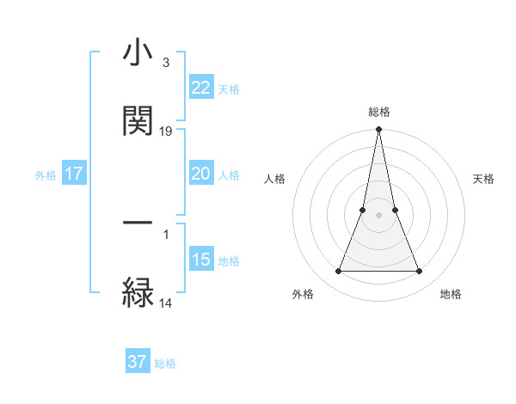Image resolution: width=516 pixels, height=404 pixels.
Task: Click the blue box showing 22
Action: pos(201,88)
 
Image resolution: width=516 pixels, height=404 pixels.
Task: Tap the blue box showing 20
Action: pos(201,174)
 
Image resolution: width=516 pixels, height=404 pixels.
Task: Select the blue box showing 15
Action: pos(201,260)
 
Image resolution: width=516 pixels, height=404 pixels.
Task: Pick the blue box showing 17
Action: pos(74,174)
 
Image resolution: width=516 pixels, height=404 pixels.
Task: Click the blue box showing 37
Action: pos(138,362)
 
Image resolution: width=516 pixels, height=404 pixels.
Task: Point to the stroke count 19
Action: pos(166,132)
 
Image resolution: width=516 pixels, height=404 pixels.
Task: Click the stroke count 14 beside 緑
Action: pos(166,303)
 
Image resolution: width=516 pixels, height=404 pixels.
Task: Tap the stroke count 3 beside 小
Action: pos(165,62)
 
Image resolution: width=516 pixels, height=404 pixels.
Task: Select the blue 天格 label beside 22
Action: pos(229,89)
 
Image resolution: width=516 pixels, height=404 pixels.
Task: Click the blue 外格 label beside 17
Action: pos(46,174)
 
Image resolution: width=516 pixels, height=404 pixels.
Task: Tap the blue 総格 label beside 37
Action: pos(165,363)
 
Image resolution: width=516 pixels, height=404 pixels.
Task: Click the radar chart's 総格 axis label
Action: pos(378,113)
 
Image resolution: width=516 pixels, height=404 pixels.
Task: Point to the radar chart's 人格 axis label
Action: pos(275,179)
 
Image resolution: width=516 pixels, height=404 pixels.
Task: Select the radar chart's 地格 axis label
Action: pos(451,294)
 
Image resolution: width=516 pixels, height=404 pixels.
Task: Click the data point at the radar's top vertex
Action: pos(378,130)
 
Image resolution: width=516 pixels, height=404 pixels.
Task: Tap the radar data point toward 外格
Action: pos(338,272)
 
